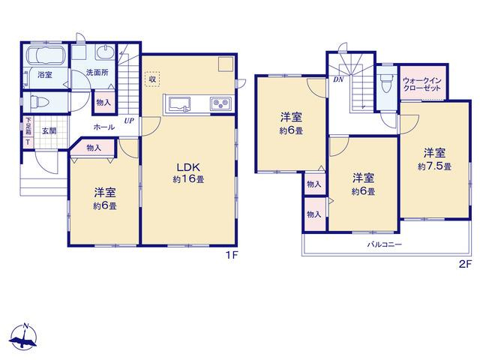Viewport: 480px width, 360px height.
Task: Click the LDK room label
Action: point(188,167)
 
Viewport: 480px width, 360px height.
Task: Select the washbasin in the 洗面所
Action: point(106,52)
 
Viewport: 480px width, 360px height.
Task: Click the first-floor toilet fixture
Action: point(37,101)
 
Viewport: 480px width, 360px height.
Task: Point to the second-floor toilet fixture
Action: point(385,83)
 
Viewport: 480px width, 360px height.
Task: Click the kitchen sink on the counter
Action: point(177,104)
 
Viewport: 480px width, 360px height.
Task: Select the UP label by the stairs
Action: point(129,121)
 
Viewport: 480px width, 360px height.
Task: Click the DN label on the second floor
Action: point(338,79)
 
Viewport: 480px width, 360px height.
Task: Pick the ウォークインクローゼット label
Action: point(421,85)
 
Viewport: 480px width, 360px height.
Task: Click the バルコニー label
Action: point(385,244)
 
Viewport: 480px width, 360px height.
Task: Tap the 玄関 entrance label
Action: point(49,131)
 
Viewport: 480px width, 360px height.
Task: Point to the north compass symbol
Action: point(24,336)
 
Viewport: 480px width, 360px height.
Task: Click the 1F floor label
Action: point(232,255)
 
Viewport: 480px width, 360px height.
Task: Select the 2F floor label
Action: point(465,264)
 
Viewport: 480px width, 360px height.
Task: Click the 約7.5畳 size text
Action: point(434,166)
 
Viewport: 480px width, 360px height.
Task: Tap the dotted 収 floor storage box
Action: point(152,79)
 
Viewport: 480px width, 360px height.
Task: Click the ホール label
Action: point(104,127)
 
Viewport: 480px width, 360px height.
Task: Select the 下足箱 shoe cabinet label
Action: point(28,126)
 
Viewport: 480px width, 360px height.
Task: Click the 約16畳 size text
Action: point(188,179)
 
